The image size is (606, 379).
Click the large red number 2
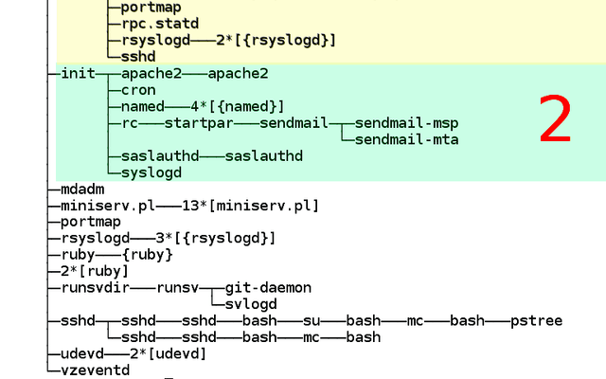tap(555, 118)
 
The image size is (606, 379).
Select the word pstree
tap(537, 321)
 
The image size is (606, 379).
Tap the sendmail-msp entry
tap(406, 123)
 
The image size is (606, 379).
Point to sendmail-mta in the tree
tap(406, 139)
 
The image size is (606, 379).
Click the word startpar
tap(199, 123)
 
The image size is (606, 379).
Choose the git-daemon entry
tap(268, 288)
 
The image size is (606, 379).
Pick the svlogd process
tap(251, 304)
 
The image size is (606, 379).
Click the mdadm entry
tap(82, 189)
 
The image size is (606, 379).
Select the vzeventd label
tap(96, 370)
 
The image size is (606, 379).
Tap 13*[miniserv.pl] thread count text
tap(250, 206)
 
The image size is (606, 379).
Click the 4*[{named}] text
tap(238, 107)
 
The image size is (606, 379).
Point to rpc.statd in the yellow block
tap(160, 24)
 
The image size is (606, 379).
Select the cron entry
tap(138, 90)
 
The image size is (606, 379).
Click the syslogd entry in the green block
tap(151, 172)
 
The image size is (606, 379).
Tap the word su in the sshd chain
tap(312, 321)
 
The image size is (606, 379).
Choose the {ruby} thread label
tap(148, 255)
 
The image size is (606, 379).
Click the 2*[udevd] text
tap(169, 353)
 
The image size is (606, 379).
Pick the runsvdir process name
tap(96, 288)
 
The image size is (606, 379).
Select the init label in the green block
tap(78, 73)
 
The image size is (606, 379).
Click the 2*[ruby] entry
tap(95, 271)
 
